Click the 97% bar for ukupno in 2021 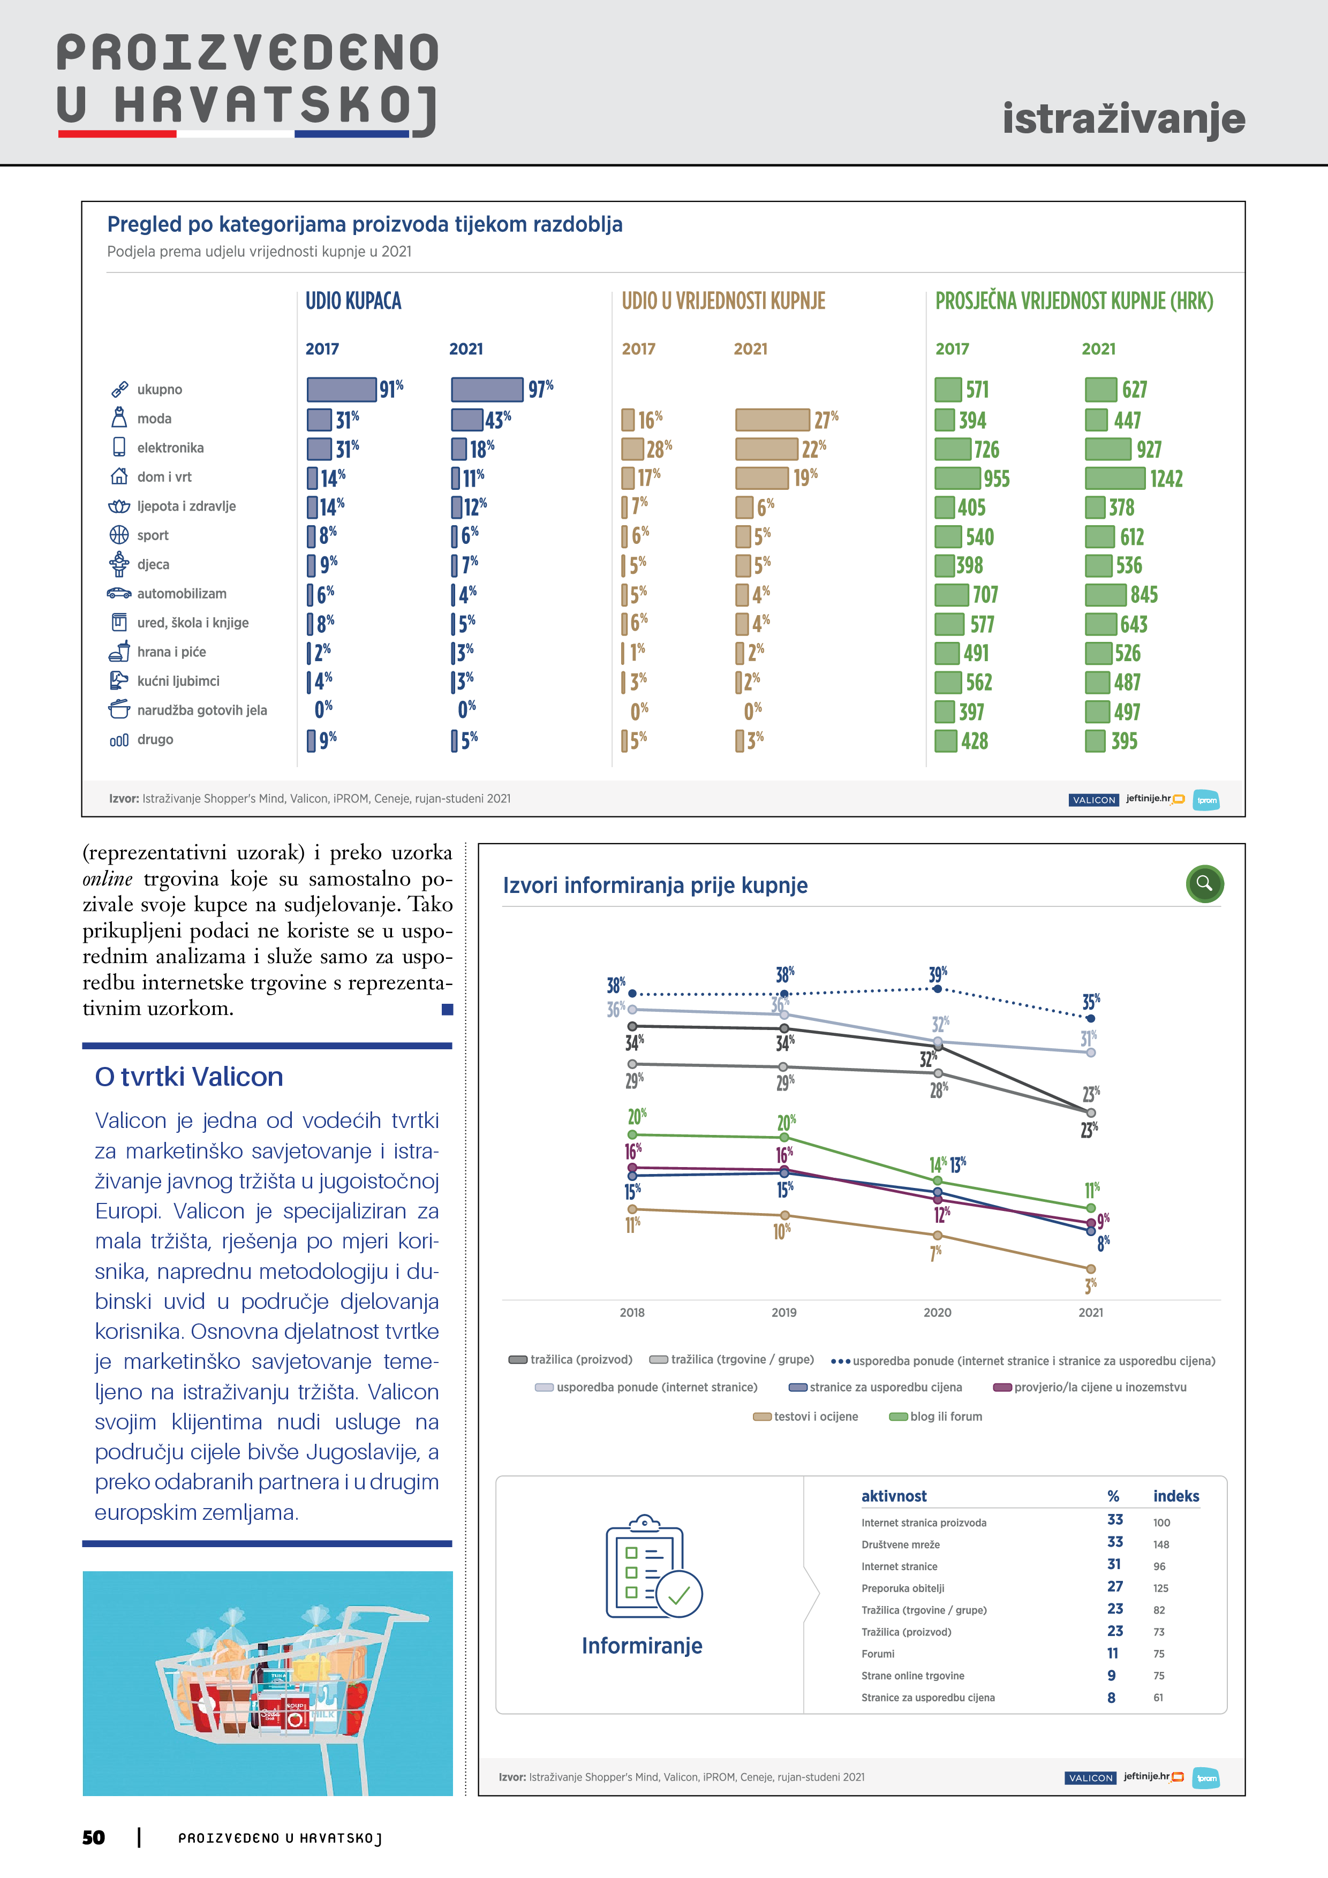[x=487, y=389]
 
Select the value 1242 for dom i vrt [x=1166, y=479]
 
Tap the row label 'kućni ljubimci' [x=178, y=680]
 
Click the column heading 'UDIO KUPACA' [x=353, y=301]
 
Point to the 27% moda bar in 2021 [x=772, y=420]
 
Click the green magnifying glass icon [x=1204, y=883]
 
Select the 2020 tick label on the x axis [x=937, y=1312]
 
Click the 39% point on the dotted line [x=938, y=989]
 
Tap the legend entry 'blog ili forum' [x=945, y=1416]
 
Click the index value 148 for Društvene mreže [x=1161, y=1544]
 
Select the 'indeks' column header [x=1176, y=1496]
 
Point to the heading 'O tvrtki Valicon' [x=189, y=1077]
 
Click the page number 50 [x=93, y=1837]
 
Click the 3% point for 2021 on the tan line [x=1091, y=1269]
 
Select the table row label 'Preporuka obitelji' [x=902, y=1588]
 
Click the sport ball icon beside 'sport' [x=119, y=535]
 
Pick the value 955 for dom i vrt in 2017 [x=996, y=479]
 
